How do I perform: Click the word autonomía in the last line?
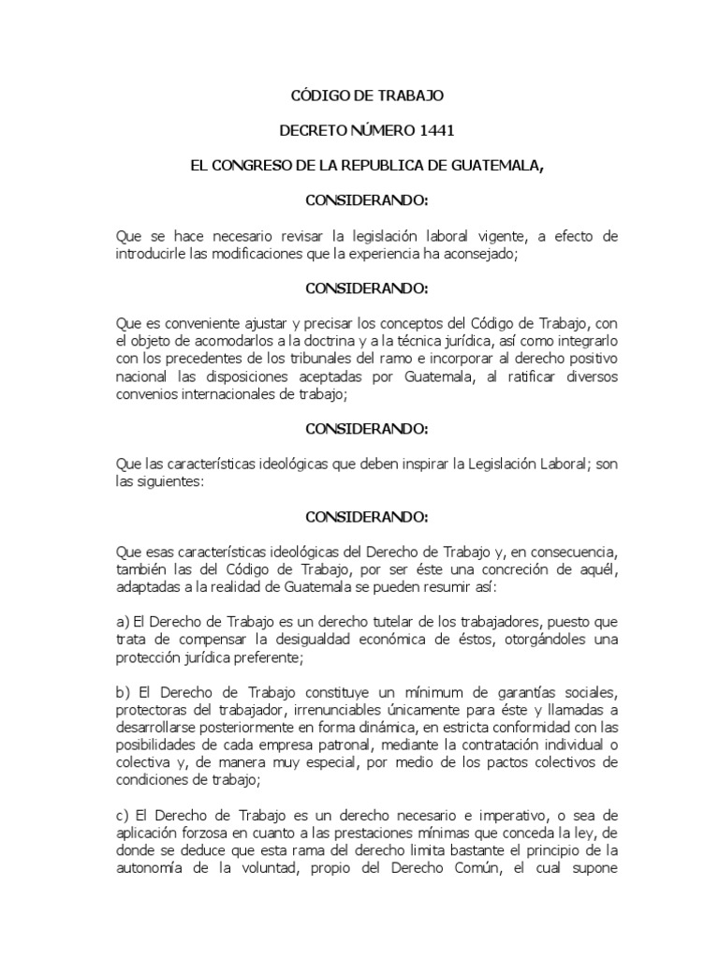[148, 867]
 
